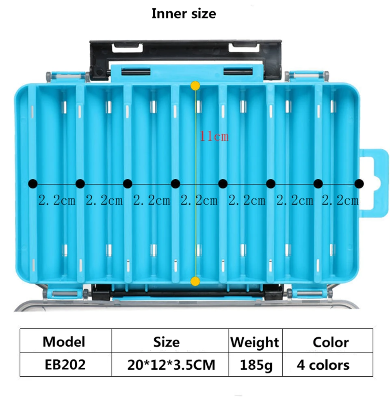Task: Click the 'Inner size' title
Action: [x=184, y=13]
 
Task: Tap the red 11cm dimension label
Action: [x=214, y=136]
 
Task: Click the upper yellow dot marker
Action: [x=195, y=86]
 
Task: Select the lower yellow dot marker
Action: [x=195, y=281]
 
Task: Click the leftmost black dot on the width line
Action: [x=32, y=184]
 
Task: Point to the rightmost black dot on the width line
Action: [x=359, y=184]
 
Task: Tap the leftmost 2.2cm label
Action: [x=57, y=200]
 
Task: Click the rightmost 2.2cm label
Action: [x=340, y=200]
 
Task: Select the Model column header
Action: [x=64, y=341]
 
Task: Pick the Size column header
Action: [x=167, y=341]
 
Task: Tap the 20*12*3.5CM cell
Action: [x=171, y=365]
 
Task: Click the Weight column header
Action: [x=255, y=342]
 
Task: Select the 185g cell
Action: [x=256, y=365]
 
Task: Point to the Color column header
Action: [x=330, y=342]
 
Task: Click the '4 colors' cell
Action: [x=323, y=365]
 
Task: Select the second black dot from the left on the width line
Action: [x=80, y=184]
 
